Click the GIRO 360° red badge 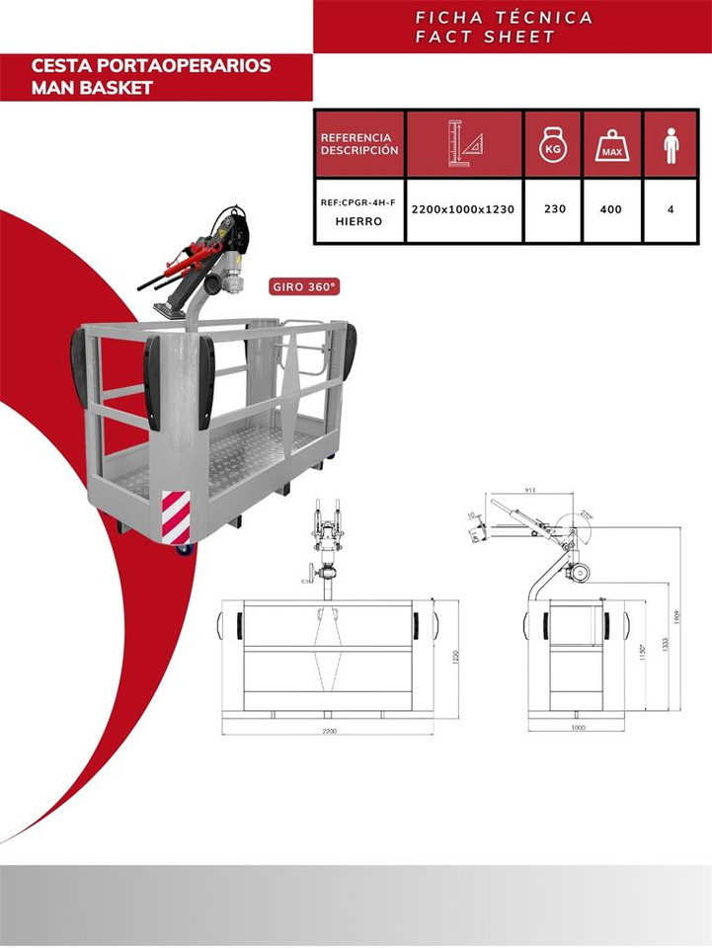point(305,287)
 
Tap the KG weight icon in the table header point(553,144)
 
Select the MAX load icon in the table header point(612,144)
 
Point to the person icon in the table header point(672,144)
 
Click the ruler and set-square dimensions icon point(464,144)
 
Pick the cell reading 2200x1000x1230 point(464,209)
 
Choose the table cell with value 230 point(554,209)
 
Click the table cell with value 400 point(611,209)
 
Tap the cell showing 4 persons point(672,209)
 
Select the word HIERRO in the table point(358,221)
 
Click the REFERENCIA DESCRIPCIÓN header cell point(359,144)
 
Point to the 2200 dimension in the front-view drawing point(329,731)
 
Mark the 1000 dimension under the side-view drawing point(578,728)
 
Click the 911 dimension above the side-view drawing point(530,489)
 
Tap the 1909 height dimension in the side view point(676,617)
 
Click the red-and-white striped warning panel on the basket point(176,516)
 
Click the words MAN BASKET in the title point(92,88)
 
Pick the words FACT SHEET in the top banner point(485,37)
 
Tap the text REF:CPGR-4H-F point(357,201)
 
